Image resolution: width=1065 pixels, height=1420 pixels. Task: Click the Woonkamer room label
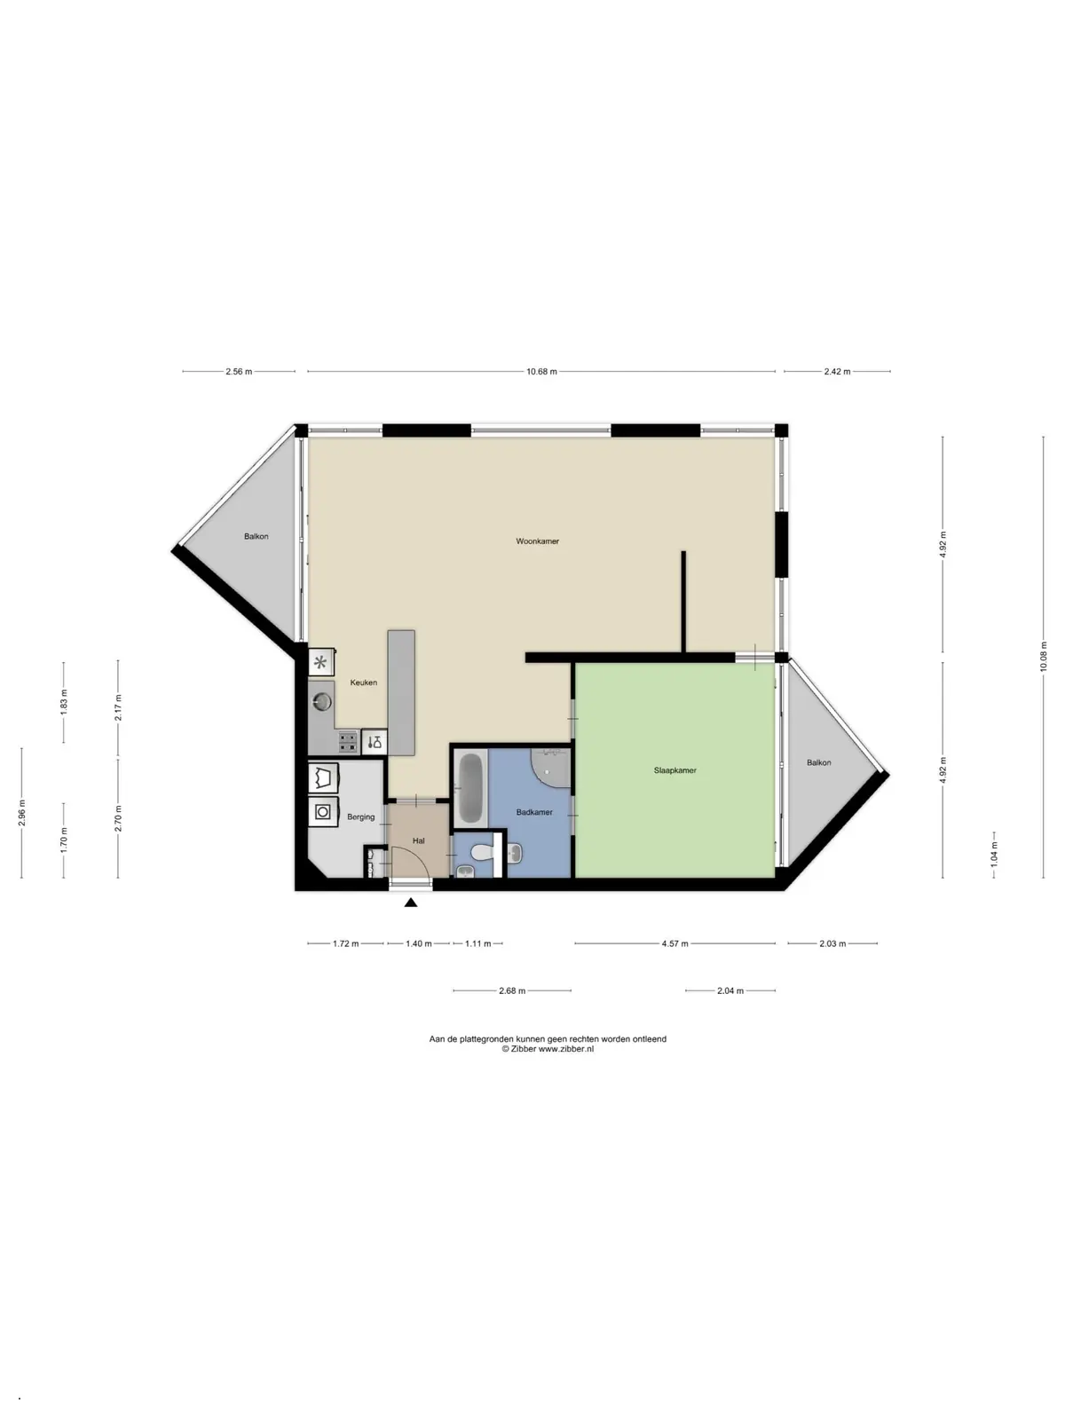(x=537, y=540)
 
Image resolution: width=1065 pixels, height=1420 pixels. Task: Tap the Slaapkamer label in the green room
(x=674, y=770)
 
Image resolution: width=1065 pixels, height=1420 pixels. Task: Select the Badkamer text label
(x=534, y=812)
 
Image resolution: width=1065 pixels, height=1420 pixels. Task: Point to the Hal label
(x=418, y=841)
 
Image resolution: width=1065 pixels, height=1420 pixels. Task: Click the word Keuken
(x=363, y=682)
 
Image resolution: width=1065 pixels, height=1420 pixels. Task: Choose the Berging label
(x=361, y=817)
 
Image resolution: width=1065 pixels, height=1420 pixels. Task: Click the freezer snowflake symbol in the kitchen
(x=320, y=663)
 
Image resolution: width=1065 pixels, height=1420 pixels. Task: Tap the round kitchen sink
(x=322, y=701)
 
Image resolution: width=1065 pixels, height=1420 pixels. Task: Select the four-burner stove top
(x=348, y=741)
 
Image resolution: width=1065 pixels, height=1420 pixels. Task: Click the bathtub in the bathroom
(x=470, y=788)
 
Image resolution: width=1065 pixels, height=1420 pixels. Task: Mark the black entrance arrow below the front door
(x=411, y=903)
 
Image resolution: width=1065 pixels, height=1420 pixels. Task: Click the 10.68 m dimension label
(x=541, y=371)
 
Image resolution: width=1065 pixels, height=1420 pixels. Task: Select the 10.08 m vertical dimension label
(x=1043, y=657)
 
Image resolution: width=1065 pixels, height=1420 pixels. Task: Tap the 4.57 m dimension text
(x=674, y=944)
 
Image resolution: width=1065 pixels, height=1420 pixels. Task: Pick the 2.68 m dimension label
(x=512, y=990)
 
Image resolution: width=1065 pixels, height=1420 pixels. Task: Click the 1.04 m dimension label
(x=994, y=855)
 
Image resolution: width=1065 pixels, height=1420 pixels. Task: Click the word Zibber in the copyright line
(x=523, y=1049)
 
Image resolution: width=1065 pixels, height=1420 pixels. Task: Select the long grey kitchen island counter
(x=401, y=693)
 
